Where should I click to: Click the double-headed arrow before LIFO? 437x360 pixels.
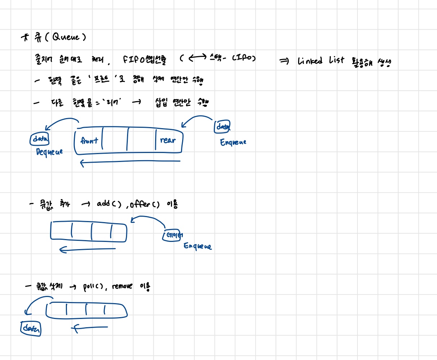coord(197,57)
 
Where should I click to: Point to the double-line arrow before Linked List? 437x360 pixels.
coord(284,62)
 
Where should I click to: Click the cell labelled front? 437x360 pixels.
coord(89,141)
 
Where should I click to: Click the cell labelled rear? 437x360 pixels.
coord(168,140)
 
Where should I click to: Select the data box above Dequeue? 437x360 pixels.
coord(40,139)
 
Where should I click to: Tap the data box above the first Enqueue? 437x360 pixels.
coord(223,127)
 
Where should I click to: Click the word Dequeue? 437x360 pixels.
coord(49,152)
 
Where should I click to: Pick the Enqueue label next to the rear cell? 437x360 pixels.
coord(233,143)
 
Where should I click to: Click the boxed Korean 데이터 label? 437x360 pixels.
coord(172,235)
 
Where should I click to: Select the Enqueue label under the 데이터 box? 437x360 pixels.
coord(198,246)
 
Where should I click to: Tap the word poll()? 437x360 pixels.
coord(93,287)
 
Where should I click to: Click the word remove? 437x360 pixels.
coord(122,287)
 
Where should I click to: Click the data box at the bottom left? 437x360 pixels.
coord(31,328)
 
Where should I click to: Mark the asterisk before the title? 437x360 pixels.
coord(25,37)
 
